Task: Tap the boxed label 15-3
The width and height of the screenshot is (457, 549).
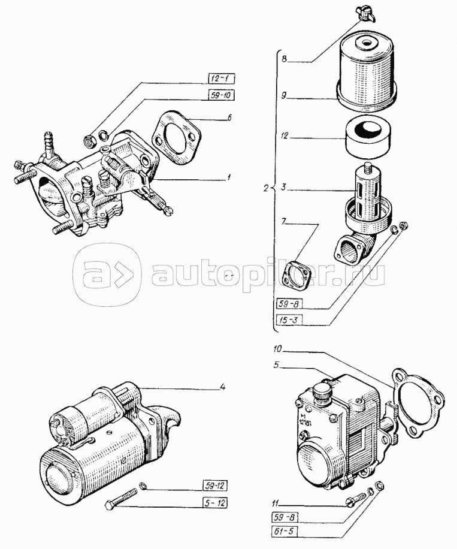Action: point(289,319)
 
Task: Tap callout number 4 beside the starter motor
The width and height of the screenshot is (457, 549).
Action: point(222,386)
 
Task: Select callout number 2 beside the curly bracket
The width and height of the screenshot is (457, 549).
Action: point(266,188)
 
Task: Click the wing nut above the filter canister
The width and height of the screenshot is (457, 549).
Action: point(363,10)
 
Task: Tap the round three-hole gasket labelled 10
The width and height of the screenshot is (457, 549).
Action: point(419,402)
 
